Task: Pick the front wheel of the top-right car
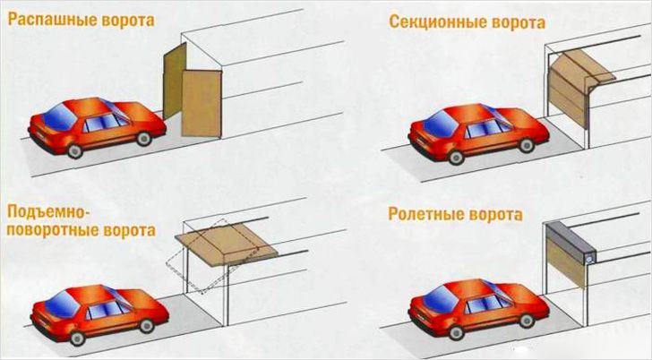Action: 456,157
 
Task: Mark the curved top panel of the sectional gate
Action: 573,64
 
